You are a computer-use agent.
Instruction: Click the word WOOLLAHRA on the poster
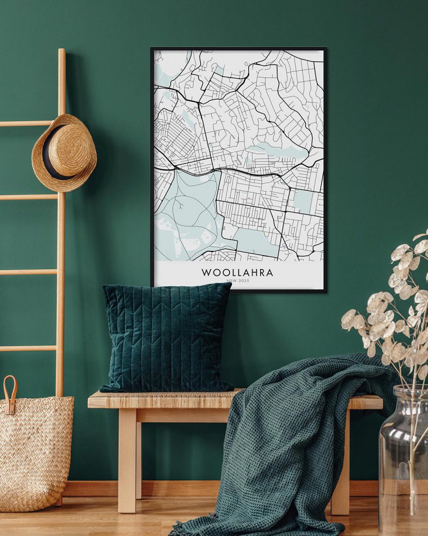click(x=237, y=272)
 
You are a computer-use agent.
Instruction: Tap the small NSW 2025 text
click(x=237, y=281)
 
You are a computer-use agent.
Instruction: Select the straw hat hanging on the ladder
click(x=64, y=153)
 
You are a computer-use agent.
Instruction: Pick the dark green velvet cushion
click(x=166, y=338)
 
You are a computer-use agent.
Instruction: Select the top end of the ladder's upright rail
click(x=62, y=52)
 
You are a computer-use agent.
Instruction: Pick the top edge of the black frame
click(x=239, y=49)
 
